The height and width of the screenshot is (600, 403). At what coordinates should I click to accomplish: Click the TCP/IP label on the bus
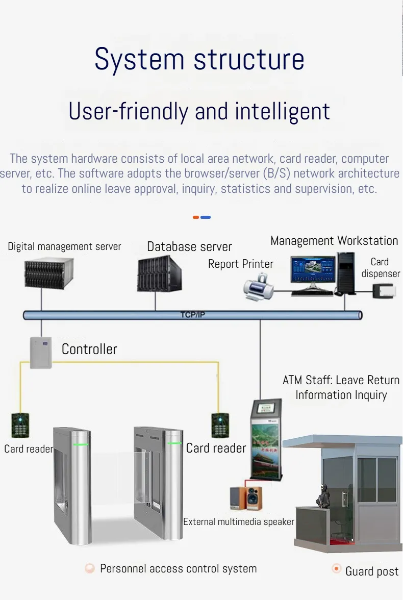pos(192,315)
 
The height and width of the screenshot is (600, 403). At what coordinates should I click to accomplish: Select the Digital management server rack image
pos(49,274)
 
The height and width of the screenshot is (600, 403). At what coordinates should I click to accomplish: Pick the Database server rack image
pos(159,274)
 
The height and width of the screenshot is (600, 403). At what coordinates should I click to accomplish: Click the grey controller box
pos(41,352)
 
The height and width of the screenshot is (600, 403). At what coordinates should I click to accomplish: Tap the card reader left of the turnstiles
pos(20,426)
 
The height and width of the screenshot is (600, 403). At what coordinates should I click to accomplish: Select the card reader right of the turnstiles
pos(220,426)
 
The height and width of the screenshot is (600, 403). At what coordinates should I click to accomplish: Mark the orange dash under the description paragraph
pos(196,217)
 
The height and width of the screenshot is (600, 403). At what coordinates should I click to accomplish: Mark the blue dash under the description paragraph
pos(206,217)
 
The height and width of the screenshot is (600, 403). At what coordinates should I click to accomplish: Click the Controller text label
pos(89,349)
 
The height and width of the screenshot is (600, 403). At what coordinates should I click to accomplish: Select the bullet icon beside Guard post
pos(337,568)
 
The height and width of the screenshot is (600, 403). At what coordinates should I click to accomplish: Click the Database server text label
pos(189,247)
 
